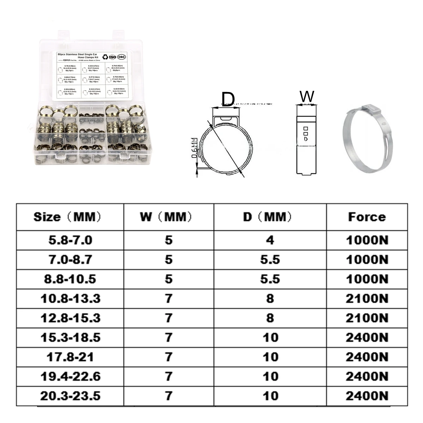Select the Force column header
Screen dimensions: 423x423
coord(367,217)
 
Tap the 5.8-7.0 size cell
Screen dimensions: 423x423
coord(70,240)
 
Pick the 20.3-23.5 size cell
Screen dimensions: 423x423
coord(70,396)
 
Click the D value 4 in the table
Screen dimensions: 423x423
coord(270,240)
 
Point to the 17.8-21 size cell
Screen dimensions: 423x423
coord(70,357)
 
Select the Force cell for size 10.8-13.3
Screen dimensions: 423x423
coord(367,299)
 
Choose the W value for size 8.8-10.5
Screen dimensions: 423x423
coord(168,279)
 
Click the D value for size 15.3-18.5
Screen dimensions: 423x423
coord(270,338)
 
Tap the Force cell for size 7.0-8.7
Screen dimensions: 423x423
coord(367,260)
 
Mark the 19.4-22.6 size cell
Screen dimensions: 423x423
coord(70,376)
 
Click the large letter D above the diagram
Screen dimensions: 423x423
coord(228,99)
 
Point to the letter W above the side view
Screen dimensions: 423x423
coord(306,96)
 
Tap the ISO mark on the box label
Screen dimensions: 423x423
coord(112,57)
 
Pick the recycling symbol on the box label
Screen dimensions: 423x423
coord(105,57)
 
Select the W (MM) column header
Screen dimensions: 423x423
coord(168,217)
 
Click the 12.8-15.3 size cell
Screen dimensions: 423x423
coord(70,318)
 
